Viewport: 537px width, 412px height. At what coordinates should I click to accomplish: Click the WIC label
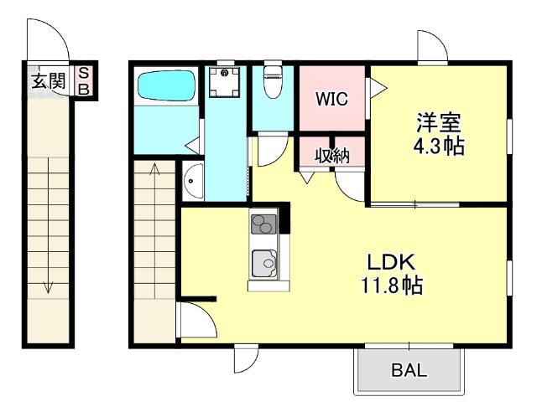point(332,97)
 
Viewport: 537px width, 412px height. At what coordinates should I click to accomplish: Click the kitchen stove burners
point(263,224)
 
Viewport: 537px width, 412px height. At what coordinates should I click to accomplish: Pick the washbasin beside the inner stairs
point(191,183)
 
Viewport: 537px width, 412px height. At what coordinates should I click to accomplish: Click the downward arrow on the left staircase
point(49,285)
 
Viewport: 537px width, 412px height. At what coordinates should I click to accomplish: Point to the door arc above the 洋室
point(433,48)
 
